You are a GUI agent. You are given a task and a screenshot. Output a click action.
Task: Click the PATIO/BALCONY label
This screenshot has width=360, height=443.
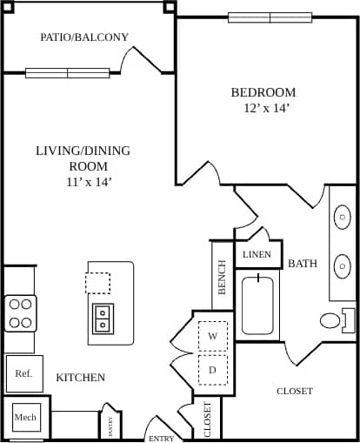[84, 37]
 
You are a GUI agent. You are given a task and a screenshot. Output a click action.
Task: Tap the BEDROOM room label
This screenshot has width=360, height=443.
[263, 92]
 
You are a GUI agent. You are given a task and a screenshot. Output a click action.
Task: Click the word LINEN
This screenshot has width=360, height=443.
[257, 255]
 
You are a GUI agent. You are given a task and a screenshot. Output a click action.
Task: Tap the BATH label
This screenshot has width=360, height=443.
[303, 263]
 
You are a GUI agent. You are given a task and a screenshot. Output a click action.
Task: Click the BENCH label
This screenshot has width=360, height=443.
[223, 277]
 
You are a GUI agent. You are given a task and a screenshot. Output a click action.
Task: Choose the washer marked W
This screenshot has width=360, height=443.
[212, 335]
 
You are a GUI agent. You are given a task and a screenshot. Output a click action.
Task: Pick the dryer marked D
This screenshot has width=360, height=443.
[212, 368]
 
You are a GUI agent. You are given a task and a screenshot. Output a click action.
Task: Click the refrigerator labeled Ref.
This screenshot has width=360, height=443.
[23, 373]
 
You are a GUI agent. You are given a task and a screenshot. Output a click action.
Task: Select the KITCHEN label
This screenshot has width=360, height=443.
[81, 378]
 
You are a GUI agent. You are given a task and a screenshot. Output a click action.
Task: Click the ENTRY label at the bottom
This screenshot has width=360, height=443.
[162, 438]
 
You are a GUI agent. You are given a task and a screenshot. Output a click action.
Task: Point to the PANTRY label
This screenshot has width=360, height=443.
[110, 424]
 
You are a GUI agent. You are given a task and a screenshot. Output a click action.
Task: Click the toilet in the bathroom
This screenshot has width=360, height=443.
[336, 319]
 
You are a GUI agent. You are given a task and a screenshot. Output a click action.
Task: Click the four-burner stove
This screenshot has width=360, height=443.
[20, 313]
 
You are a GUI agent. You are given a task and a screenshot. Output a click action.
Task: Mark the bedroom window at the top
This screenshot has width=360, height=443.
[270, 17]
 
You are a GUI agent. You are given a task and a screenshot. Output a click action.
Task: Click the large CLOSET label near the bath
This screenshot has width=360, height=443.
[295, 392]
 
